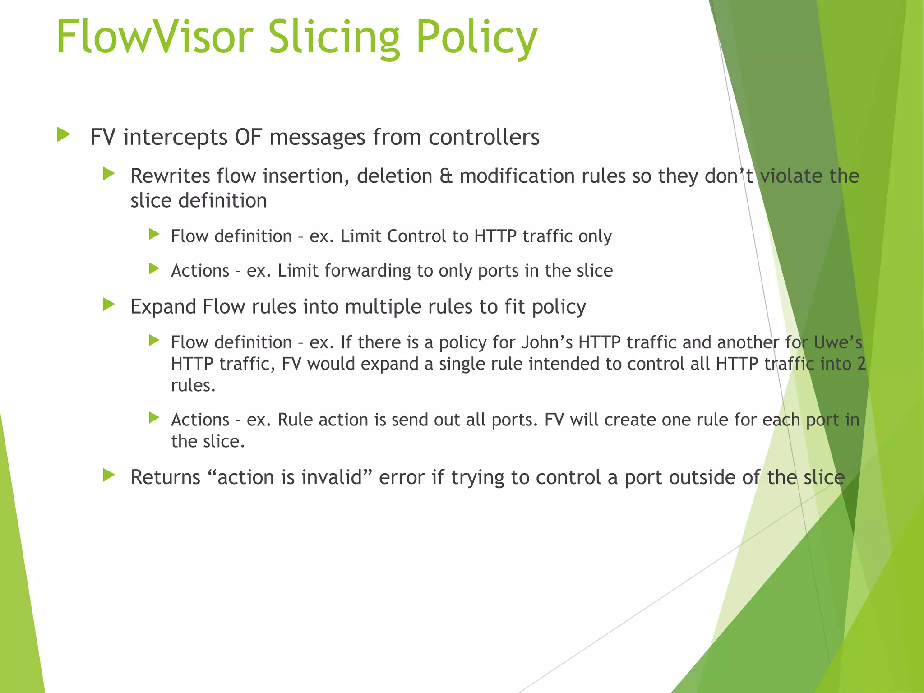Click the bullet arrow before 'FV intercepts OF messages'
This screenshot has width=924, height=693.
click(x=64, y=135)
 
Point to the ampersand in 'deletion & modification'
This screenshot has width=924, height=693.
click(x=446, y=176)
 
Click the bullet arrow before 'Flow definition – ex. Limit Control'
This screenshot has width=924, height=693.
click(x=154, y=234)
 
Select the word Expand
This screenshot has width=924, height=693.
click(x=163, y=307)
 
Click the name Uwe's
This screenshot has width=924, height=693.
click(x=838, y=342)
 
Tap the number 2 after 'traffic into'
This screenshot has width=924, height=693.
click(x=861, y=364)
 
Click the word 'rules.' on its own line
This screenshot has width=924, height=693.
click(x=193, y=386)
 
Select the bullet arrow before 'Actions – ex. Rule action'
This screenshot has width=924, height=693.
click(x=154, y=418)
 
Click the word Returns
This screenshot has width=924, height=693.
click(x=165, y=477)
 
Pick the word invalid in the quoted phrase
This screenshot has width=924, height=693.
click(x=332, y=477)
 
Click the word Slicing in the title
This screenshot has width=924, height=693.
click(x=334, y=38)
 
